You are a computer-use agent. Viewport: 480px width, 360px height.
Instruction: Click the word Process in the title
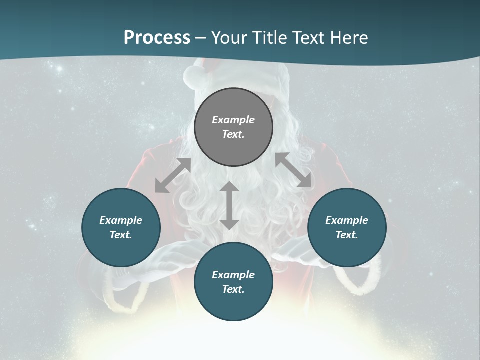pyautogui.click(x=157, y=38)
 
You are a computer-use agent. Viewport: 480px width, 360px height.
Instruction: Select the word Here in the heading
pyautogui.click(x=348, y=38)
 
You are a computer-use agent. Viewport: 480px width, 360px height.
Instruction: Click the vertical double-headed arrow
pyautogui.click(x=229, y=205)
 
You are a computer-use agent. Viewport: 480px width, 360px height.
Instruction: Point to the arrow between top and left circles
pyautogui.click(x=173, y=175)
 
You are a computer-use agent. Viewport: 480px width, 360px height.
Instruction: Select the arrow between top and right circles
pyautogui.click(x=293, y=170)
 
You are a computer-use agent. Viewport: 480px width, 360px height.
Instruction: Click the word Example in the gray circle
pyautogui.click(x=233, y=120)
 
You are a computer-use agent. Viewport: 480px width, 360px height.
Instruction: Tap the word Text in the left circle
pyautogui.click(x=120, y=235)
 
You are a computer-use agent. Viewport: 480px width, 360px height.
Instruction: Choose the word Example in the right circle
pyautogui.click(x=347, y=220)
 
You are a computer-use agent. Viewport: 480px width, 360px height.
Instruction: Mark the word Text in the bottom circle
pyautogui.click(x=233, y=289)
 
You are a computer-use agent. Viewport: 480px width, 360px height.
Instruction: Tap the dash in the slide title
pyautogui.click(x=201, y=38)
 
